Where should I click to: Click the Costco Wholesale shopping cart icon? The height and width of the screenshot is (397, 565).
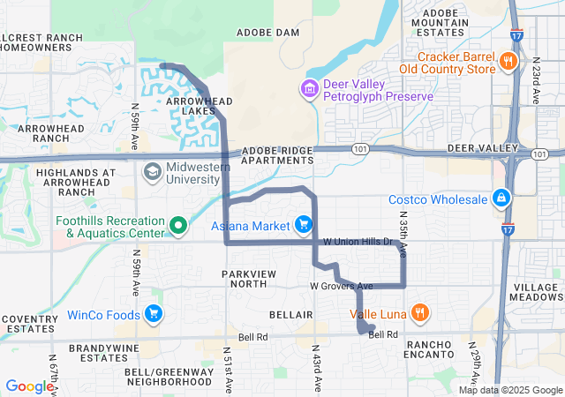point(501,197)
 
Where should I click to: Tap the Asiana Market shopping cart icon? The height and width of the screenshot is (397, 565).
point(305,224)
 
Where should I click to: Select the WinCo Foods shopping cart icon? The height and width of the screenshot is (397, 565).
point(154,313)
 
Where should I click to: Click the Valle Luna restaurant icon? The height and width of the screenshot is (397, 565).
point(421,311)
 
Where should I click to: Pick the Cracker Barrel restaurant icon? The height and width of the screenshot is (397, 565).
point(508,61)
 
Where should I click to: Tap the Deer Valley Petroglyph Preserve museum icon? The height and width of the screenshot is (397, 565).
point(308,88)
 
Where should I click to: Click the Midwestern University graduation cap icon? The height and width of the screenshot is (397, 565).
point(152,169)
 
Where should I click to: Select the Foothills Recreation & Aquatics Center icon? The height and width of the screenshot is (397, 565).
point(178,226)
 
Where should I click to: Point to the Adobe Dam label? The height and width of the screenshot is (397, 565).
point(268,32)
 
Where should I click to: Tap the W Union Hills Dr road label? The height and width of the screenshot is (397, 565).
point(356,242)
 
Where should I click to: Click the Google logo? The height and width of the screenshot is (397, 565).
point(29,386)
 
